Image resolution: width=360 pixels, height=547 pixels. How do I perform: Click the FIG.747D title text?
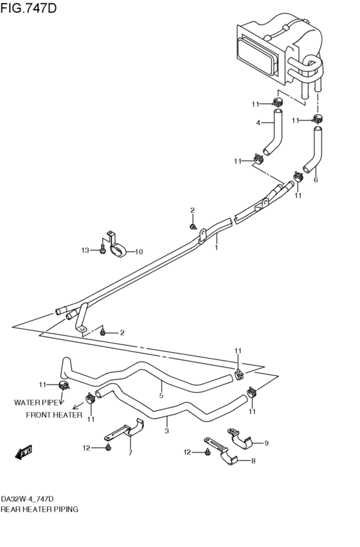click(28, 8)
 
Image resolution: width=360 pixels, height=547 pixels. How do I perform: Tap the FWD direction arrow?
click(24, 452)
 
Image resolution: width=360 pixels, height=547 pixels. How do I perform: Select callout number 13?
click(85, 250)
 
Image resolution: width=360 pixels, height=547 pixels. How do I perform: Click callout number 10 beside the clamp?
click(139, 252)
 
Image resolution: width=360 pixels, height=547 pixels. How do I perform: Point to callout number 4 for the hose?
click(258, 123)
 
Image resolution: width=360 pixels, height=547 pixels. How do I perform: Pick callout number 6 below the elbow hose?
click(316, 180)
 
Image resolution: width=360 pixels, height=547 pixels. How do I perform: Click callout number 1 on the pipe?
click(216, 247)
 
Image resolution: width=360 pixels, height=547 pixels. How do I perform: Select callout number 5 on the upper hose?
click(161, 395)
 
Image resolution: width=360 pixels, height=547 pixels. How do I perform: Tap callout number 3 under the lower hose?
click(166, 431)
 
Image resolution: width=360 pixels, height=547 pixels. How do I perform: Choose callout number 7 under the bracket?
click(130, 453)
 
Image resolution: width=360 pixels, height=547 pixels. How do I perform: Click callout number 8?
click(253, 461)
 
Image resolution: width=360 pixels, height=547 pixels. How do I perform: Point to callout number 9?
click(267, 444)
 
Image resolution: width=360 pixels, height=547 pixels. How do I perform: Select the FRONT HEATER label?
click(54, 415)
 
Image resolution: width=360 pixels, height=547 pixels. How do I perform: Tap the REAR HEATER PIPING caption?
click(39, 509)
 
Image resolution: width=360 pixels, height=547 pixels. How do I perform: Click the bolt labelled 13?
click(102, 250)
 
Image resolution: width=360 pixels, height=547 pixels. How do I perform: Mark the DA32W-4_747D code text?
click(27, 499)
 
